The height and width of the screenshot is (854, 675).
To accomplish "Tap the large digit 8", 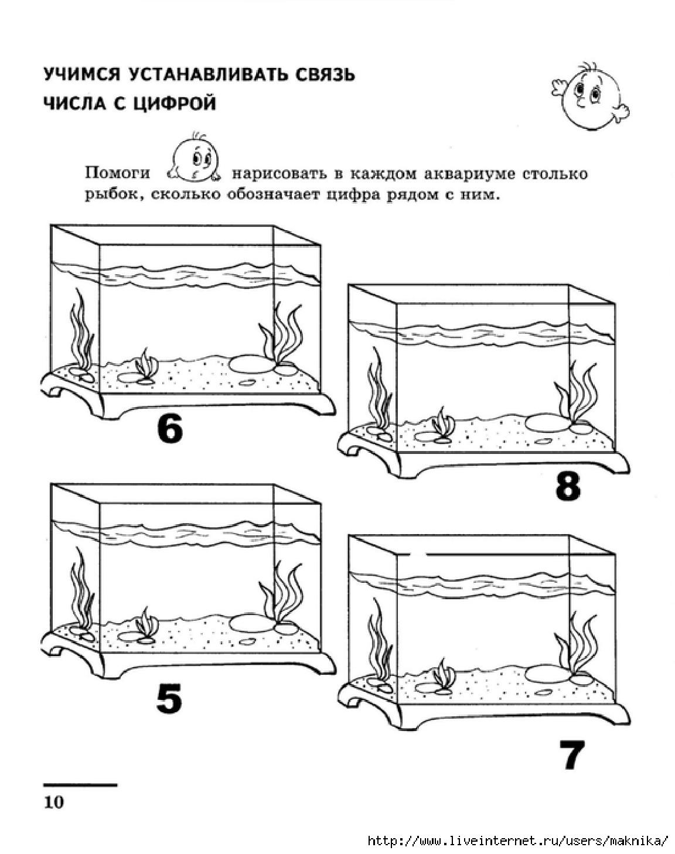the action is click(x=568, y=486).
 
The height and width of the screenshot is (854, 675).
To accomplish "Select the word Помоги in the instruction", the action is click(x=118, y=173).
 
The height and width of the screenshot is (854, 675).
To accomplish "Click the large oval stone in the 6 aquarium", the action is click(x=253, y=364).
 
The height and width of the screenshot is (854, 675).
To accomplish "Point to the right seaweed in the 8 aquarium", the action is click(x=576, y=393).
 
